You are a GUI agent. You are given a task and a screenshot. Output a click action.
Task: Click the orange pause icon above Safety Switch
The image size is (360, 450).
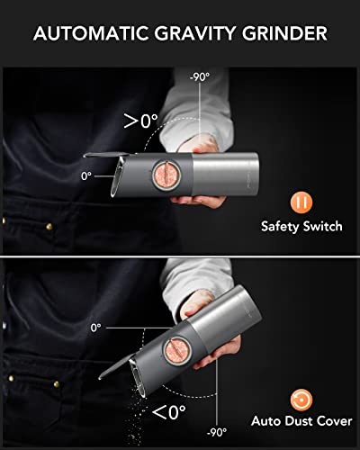(301, 201)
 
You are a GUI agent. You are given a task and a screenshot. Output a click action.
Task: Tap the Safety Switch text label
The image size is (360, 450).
(301, 227)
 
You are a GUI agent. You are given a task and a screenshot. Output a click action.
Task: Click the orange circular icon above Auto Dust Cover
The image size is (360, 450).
(301, 399)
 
